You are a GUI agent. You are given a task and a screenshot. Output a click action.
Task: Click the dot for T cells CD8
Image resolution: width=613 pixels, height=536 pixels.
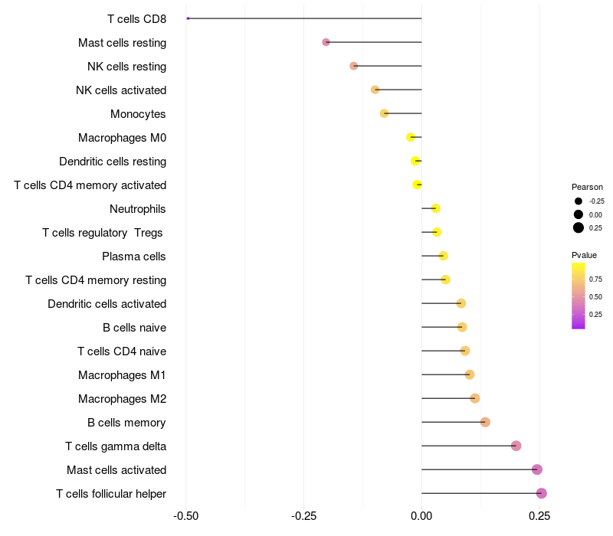[188, 18]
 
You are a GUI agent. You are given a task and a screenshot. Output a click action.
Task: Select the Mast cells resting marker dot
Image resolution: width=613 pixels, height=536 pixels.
[326, 42]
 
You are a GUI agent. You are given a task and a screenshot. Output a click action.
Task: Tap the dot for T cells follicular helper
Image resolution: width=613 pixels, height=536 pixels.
[542, 493]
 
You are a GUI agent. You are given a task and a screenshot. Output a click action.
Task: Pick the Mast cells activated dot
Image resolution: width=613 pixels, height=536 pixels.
[537, 469]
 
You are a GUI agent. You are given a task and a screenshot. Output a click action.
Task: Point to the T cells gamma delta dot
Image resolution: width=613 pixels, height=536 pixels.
[516, 446]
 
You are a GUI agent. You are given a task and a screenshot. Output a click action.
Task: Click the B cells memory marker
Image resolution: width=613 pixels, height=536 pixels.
[485, 422]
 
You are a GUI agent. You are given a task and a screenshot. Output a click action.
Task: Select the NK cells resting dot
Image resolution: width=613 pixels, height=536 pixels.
[354, 66]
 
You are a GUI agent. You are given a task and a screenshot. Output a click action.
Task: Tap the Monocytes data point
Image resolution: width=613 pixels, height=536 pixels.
[385, 113]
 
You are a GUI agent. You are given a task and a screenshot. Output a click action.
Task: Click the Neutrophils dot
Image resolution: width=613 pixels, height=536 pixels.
[436, 208]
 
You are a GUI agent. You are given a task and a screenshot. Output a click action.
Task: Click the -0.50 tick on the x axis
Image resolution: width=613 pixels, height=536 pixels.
[185, 516]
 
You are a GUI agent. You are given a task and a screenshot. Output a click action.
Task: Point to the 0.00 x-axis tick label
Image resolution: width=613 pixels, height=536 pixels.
[421, 516]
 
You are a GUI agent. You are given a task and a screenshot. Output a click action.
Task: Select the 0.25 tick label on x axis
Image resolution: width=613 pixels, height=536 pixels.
[539, 516]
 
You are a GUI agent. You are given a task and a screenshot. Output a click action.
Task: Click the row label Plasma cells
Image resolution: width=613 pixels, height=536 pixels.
[133, 257]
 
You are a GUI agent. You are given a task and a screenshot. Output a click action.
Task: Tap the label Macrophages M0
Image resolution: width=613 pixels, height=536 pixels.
[122, 138]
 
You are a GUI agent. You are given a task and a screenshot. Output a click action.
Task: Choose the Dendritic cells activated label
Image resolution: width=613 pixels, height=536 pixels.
[107, 304]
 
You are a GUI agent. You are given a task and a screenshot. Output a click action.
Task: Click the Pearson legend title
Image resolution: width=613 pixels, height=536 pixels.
[587, 187]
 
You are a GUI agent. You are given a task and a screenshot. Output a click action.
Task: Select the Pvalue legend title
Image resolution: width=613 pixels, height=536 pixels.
[584, 256]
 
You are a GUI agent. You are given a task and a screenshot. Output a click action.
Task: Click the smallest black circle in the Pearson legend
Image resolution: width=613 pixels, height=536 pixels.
[579, 201]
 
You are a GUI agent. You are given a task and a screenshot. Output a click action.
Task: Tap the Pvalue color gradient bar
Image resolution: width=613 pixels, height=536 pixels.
[579, 296]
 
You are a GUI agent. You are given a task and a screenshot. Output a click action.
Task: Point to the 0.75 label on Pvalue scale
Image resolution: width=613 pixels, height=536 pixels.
[595, 279]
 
